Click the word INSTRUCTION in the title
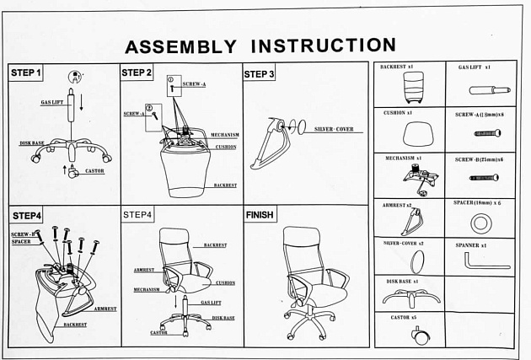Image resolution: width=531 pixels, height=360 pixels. (324, 45)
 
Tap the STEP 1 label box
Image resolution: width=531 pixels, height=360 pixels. (26, 73)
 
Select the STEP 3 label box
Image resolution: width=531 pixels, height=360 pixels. (259, 74)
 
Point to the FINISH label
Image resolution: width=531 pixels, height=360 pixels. (260, 215)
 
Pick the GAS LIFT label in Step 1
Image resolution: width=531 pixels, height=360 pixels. (52, 102)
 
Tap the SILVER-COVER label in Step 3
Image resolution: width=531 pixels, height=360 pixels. (334, 130)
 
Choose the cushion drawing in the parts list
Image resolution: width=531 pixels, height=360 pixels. (410, 132)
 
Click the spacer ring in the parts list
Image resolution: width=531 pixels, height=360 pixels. (481, 223)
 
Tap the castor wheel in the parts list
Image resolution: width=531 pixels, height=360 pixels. (416, 334)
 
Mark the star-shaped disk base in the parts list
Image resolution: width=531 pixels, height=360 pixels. (410, 298)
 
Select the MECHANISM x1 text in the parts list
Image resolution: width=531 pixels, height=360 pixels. (402, 158)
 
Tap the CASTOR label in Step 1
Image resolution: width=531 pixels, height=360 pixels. (94, 170)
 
